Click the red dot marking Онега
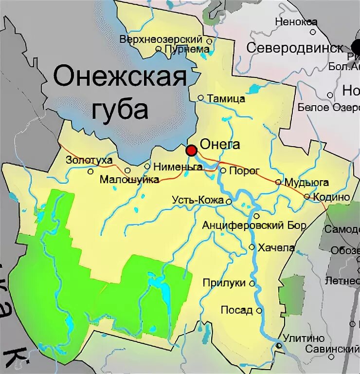(192, 150)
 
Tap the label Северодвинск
(295, 48)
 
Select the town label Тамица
(226, 99)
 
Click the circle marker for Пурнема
(158, 49)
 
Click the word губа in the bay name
(120, 110)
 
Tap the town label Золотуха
(89, 160)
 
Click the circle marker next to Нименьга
(147, 167)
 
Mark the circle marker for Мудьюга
(278, 182)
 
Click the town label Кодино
(332, 197)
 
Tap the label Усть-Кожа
(198, 200)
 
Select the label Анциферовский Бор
(254, 225)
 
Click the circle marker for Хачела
(252, 247)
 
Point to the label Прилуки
(224, 283)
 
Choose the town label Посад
(236, 310)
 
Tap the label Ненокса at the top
(296, 22)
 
